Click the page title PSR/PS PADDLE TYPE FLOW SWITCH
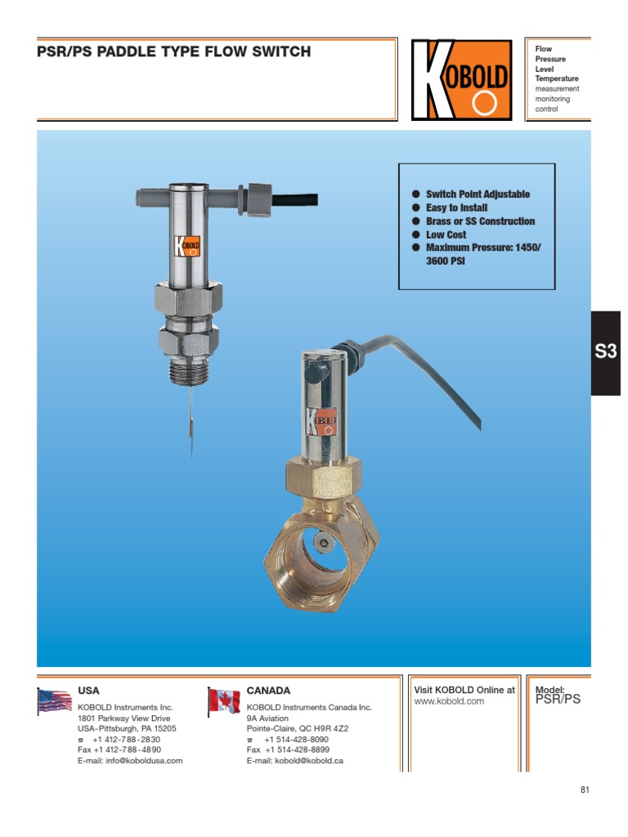[174, 52]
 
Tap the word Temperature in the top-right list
[556, 78]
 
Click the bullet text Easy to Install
[456, 208]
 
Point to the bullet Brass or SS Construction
[480, 222]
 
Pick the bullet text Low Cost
[446, 235]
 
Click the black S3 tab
[606, 353]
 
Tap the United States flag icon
[54, 701]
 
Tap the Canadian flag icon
[223, 701]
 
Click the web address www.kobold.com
[449, 701]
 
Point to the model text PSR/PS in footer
[558, 700]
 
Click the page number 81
[585, 790]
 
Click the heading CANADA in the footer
[268, 691]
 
